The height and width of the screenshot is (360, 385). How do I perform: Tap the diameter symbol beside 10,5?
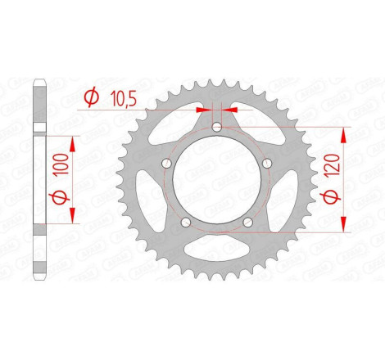pyautogui.click(x=92, y=98)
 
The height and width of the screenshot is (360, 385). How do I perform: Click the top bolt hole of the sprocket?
pyautogui.click(x=215, y=127)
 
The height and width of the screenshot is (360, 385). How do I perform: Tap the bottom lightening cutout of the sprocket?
pyautogui.click(x=215, y=250)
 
